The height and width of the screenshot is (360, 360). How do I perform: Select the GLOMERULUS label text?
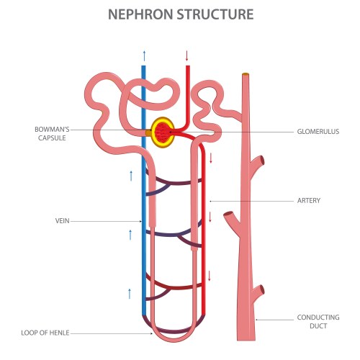tap(318, 131)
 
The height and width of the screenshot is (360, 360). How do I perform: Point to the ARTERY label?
tap(307, 199)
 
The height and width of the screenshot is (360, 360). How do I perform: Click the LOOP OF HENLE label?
tap(46, 333)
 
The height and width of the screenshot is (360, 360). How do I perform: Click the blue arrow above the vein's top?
tap(144, 55)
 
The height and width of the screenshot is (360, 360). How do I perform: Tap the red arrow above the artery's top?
tap(187, 55)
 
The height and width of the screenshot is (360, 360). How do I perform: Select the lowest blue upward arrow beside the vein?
tap(130, 293)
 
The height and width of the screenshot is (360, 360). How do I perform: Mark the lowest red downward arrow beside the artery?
tap(210, 275)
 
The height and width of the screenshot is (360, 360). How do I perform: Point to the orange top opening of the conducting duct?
tap(246, 74)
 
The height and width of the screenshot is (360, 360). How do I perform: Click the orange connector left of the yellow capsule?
tap(148, 132)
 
